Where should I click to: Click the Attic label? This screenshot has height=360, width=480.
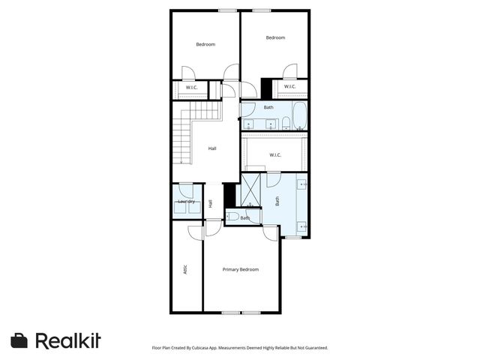[x=185, y=268]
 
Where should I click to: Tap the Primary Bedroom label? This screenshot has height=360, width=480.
[x=241, y=269]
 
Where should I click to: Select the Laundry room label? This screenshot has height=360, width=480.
[x=186, y=201]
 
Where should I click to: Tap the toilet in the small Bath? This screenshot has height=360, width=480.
[x=233, y=217]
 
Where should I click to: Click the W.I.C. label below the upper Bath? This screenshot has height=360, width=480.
[x=274, y=155]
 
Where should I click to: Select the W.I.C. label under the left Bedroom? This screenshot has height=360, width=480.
[x=192, y=88]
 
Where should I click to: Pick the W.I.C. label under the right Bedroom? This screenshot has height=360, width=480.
[x=290, y=87]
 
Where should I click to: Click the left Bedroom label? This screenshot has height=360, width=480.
[x=205, y=44]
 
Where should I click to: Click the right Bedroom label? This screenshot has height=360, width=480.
[x=275, y=37]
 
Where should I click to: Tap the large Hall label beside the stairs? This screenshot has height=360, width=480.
[x=212, y=148]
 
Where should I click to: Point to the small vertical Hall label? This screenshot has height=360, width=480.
[x=210, y=203]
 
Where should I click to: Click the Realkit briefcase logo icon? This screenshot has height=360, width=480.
[x=19, y=340]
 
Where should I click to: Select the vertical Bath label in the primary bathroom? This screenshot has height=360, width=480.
[x=277, y=201]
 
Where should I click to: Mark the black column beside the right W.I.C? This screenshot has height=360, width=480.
[x=266, y=88]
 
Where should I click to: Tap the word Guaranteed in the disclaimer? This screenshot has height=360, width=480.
[x=313, y=348]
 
